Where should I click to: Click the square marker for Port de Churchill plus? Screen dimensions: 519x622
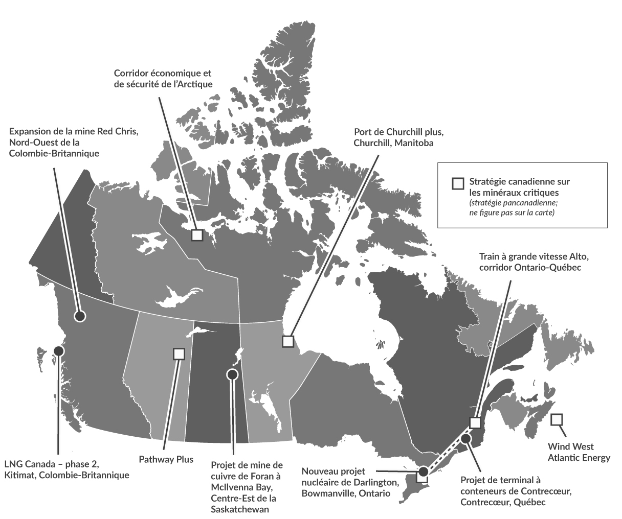pos(288,341)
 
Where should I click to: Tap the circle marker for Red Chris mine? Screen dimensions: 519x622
pos(79,316)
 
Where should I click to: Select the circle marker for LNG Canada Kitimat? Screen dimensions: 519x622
pos(59,351)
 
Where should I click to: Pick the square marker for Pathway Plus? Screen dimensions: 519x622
pos(179,353)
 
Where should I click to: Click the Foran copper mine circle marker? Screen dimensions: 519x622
pos(232,374)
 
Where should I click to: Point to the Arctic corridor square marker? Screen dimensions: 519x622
pos(197,235)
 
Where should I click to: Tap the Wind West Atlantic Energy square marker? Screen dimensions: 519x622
pos(557,419)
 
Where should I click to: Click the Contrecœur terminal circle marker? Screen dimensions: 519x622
pos(465,438)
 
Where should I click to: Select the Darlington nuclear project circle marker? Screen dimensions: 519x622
pos(424,471)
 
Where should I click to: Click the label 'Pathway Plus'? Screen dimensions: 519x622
pos(166,459)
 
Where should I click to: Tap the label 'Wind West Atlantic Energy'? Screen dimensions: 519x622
pos(579,452)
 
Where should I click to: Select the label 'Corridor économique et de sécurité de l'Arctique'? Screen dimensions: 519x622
pos(163,79)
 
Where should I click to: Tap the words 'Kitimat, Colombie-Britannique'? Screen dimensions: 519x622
pos(66,475)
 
